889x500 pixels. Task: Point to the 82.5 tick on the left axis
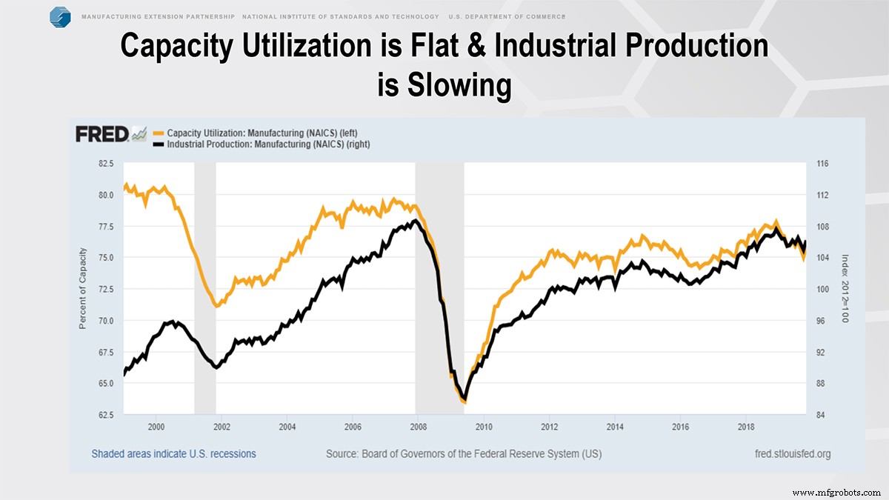coord(104,164)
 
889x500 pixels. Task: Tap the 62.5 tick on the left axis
coord(104,415)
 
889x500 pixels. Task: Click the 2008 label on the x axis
coord(418,427)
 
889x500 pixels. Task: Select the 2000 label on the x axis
coord(156,427)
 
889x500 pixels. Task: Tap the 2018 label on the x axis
coord(746,427)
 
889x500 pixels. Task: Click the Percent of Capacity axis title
coord(83,290)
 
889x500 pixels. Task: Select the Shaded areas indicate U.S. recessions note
coord(173,453)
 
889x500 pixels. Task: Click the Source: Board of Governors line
coord(464,453)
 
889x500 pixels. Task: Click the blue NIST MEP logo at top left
coord(60,16)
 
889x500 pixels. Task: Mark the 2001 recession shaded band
coord(204,289)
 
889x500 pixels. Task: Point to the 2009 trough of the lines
coord(464,401)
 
